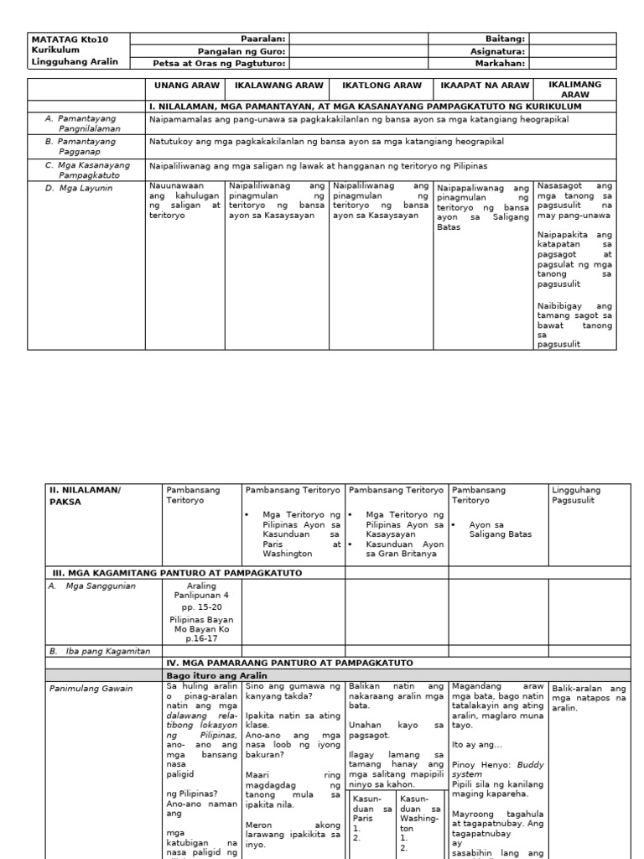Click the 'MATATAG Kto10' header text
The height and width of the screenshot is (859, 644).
pyautogui.click(x=70, y=39)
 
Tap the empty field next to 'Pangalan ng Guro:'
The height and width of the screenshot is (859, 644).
pyautogui.click(x=358, y=50)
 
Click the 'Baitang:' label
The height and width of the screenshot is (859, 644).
pyautogui.click(x=505, y=39)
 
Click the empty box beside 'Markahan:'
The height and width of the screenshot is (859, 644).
pyautogui.click(x=572, y=62)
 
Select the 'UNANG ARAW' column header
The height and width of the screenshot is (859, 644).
pyautogui.click(x=186, y=86)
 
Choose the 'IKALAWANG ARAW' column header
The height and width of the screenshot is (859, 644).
pyautogui.click(x=278, y=86)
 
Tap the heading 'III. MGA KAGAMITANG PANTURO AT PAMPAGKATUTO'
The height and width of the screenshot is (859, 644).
pyautogui.click(x=177, y=573)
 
